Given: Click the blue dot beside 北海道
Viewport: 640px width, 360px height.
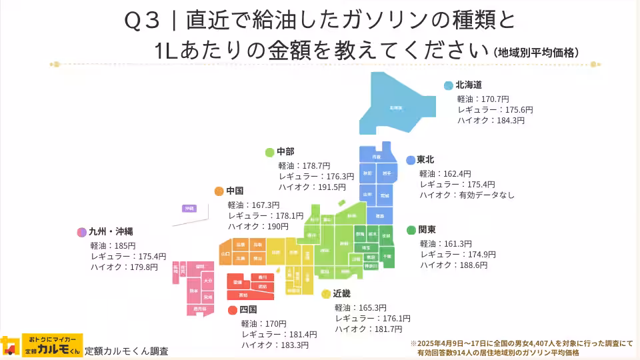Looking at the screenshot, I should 449,85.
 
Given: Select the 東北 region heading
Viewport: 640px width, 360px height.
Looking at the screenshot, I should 425,160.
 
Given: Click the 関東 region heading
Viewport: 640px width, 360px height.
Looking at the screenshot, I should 427,230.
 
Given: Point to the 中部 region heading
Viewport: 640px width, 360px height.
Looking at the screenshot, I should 285,151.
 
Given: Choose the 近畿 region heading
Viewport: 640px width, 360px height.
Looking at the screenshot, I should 341,293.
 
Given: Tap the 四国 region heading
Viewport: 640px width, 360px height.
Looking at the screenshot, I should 248,309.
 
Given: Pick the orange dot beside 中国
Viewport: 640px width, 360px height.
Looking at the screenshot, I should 219,191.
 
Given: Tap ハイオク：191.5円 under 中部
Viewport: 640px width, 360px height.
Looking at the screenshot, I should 312,187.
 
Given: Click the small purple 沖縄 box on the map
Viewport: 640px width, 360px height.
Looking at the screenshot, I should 190,209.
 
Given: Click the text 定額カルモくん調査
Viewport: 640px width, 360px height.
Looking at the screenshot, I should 127,351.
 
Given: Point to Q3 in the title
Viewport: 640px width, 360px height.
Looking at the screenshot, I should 142,20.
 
